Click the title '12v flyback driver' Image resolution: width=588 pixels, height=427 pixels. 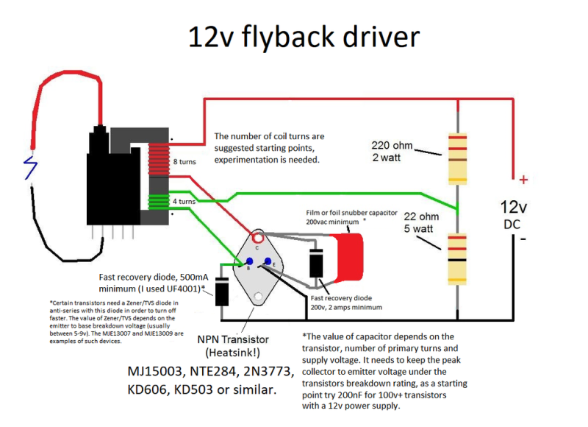coord(304,38)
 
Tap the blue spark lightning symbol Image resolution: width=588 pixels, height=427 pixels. coord(30,167)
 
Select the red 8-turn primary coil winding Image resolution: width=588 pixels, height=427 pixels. coord(159,160)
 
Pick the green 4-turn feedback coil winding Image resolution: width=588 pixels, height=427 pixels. coord(159,201)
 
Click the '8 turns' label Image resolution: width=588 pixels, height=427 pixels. coord(184,162)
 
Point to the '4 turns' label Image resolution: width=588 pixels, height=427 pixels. coord(184,201)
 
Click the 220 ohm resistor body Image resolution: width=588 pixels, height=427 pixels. coord(457,158)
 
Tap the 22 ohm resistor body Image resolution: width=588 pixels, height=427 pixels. coord(457,258)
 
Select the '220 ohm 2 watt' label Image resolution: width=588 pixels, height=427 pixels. coord(392,152)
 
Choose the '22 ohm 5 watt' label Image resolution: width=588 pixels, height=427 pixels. coord(421,222)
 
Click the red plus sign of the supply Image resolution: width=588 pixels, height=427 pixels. coord(523,180)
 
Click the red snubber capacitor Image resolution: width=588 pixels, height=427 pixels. coord(348,258)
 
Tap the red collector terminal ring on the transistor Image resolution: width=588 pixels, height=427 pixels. coord(258,238)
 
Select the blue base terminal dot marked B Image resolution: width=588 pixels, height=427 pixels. coord(249,261)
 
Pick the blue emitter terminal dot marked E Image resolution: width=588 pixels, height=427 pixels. coord(268,261)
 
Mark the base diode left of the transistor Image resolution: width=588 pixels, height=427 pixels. coord(222,292)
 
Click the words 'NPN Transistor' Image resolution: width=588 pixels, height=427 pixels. coord(233,339)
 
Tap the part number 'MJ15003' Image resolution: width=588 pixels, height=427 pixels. coord(157,371)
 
